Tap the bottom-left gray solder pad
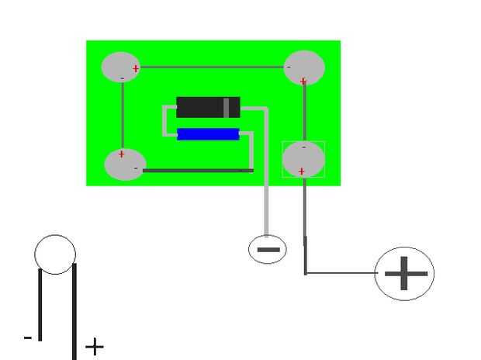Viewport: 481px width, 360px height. [124, 164]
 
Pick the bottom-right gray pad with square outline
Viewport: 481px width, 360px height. [303, 158]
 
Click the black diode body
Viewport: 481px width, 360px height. [200, 107]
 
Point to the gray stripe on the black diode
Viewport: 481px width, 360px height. [227, 107]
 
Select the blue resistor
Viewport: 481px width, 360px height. [207, 134]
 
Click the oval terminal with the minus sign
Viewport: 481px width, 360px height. [267, 250]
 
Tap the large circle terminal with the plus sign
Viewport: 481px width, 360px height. [404, 273]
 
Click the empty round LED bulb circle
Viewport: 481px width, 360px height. [55, 254]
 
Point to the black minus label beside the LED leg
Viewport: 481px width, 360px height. [28, 337]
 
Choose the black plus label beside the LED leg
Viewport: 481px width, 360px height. [94, 346]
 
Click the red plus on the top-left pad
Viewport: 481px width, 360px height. [136, 68]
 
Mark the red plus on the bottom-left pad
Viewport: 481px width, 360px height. [121, 154]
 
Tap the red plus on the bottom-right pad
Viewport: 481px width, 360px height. [301, 171]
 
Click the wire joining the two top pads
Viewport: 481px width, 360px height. [211, 67]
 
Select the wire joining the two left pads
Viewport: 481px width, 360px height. [123, 115]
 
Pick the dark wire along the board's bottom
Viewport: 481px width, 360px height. [198, 170]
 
